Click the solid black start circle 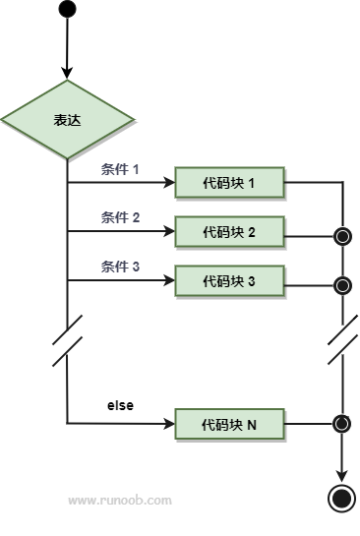67,9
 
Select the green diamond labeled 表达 67,120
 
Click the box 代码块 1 229,183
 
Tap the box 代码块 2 229,231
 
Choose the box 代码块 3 229,280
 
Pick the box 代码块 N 229,424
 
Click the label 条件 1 120,169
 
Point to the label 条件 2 120,217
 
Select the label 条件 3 120,267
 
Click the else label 120,405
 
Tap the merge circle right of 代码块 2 342,237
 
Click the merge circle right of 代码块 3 342,285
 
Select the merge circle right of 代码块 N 341,424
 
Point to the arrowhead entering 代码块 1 169,183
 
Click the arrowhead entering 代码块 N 169,424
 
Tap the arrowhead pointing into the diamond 67,74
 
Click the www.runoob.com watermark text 120,501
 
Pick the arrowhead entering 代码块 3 169,280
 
